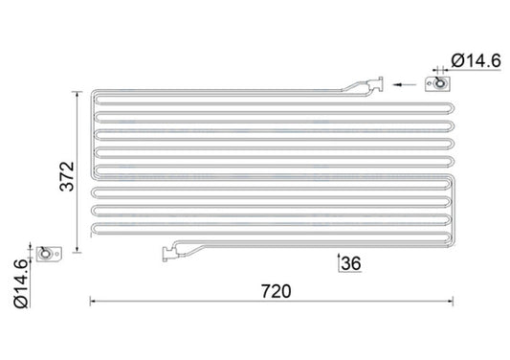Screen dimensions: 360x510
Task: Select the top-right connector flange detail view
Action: (x=441, y=84)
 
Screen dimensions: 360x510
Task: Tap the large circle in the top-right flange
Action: (x=439, y=84)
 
